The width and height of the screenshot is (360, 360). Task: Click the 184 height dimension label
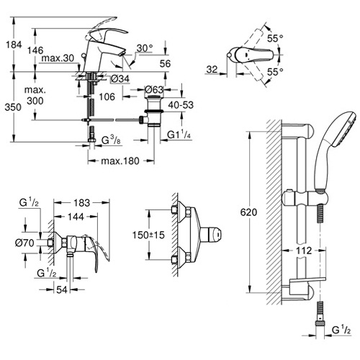(14, 45)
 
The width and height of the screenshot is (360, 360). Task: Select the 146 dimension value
(35, 50)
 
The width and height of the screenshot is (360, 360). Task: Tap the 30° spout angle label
(145, 48)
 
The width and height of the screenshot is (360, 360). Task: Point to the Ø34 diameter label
(121, 78)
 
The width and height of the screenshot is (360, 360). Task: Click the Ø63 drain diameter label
(154, 90)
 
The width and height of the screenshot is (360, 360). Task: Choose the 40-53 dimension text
(181, 105)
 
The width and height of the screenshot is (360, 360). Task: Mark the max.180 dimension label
(120, 161)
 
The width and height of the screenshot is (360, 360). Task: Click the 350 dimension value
(13, 107)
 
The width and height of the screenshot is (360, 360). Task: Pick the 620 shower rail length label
(248, 212)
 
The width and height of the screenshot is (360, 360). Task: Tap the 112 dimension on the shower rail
(304, 251)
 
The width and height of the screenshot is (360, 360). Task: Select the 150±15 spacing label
(148, 235)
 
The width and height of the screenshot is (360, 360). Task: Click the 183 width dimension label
(81, 203)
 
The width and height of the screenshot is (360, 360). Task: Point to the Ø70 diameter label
(24, 243)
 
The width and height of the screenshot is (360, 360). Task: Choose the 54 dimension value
(62, 289)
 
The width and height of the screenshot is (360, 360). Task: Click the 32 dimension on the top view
(212, 70)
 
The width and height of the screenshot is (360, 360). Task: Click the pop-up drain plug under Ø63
(154, 111)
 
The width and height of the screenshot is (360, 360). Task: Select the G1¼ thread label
(179, 135)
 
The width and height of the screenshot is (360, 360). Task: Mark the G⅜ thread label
(111, 140)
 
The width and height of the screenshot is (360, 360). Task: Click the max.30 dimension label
(58, 58)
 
